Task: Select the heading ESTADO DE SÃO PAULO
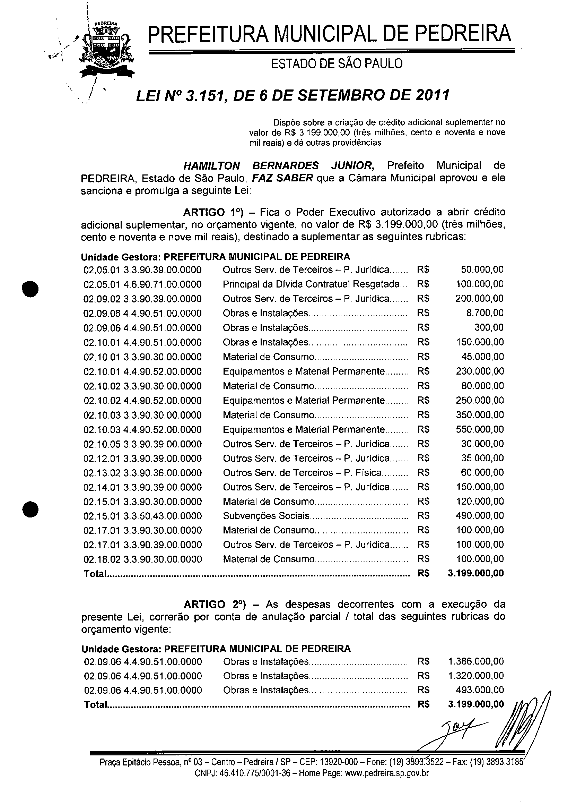[337, 64]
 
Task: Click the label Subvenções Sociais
[266, 516]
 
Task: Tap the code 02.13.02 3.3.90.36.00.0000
[142, 473]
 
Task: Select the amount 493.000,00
[480, 690]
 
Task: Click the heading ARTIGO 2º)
[218, 605]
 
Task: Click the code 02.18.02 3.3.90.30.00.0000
[142, 560]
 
